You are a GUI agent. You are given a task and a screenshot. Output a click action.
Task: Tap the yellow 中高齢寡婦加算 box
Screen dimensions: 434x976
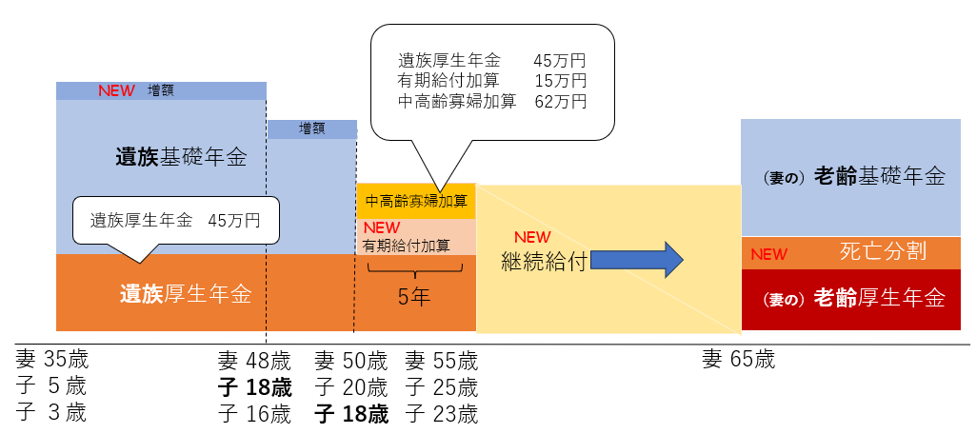coord(415,201)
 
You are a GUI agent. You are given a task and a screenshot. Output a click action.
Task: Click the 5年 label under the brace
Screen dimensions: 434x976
coord(414,296)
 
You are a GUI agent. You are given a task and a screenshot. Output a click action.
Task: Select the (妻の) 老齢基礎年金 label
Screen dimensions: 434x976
coord(853,176)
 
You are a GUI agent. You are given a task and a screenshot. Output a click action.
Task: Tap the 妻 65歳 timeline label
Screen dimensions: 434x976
coord(739,360)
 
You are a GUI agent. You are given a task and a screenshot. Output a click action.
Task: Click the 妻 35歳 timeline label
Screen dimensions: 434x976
coord(52,360)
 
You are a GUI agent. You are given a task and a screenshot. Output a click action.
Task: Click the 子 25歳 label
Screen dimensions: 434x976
coord(442,387)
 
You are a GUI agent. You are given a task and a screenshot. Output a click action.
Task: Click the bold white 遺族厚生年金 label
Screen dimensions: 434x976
coord(186,293)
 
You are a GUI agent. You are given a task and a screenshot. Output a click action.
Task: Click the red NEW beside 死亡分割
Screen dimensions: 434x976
coord(769,254)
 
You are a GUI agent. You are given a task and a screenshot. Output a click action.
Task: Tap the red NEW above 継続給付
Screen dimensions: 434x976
coord(533,237)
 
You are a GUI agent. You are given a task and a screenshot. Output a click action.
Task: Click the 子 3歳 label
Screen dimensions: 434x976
coord(51,412)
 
